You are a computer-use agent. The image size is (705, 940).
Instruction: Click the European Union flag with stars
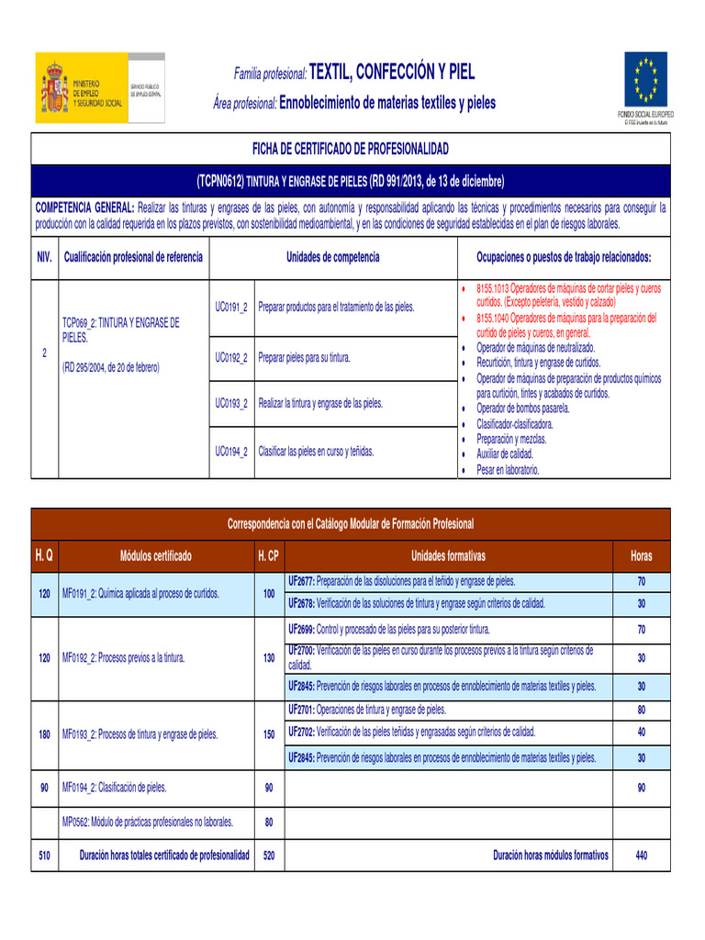click(646, 79)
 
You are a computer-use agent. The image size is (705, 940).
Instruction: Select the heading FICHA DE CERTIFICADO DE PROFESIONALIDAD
click(351, 148)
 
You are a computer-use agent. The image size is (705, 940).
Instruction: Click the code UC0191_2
click(231, 306)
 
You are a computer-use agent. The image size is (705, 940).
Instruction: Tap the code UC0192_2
click(231, 357)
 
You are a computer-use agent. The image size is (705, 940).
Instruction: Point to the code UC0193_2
click(231, 403)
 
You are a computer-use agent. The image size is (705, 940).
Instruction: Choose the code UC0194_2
click(231, 452)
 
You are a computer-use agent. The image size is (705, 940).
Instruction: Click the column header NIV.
click(44, 257)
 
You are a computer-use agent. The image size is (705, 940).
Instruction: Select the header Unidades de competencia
click(332, 257)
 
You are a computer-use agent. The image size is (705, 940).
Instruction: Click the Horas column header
click(642, 556)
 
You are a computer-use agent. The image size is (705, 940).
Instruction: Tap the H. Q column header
click(44, 556)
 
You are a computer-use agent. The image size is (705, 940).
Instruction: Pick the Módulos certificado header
click(156, 556)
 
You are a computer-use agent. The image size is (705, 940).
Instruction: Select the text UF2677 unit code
click(301, 582)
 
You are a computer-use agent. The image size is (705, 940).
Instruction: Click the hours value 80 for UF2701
click(642, 710)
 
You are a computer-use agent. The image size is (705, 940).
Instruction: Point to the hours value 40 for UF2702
click(642, 732)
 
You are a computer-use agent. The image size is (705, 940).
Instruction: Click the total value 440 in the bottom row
click(642, 855)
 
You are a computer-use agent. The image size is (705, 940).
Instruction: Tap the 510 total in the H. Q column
click(44, 855)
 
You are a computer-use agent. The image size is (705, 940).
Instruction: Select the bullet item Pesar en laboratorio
click(508, 470)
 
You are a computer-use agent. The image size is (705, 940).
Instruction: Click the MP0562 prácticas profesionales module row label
click(147, 822)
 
